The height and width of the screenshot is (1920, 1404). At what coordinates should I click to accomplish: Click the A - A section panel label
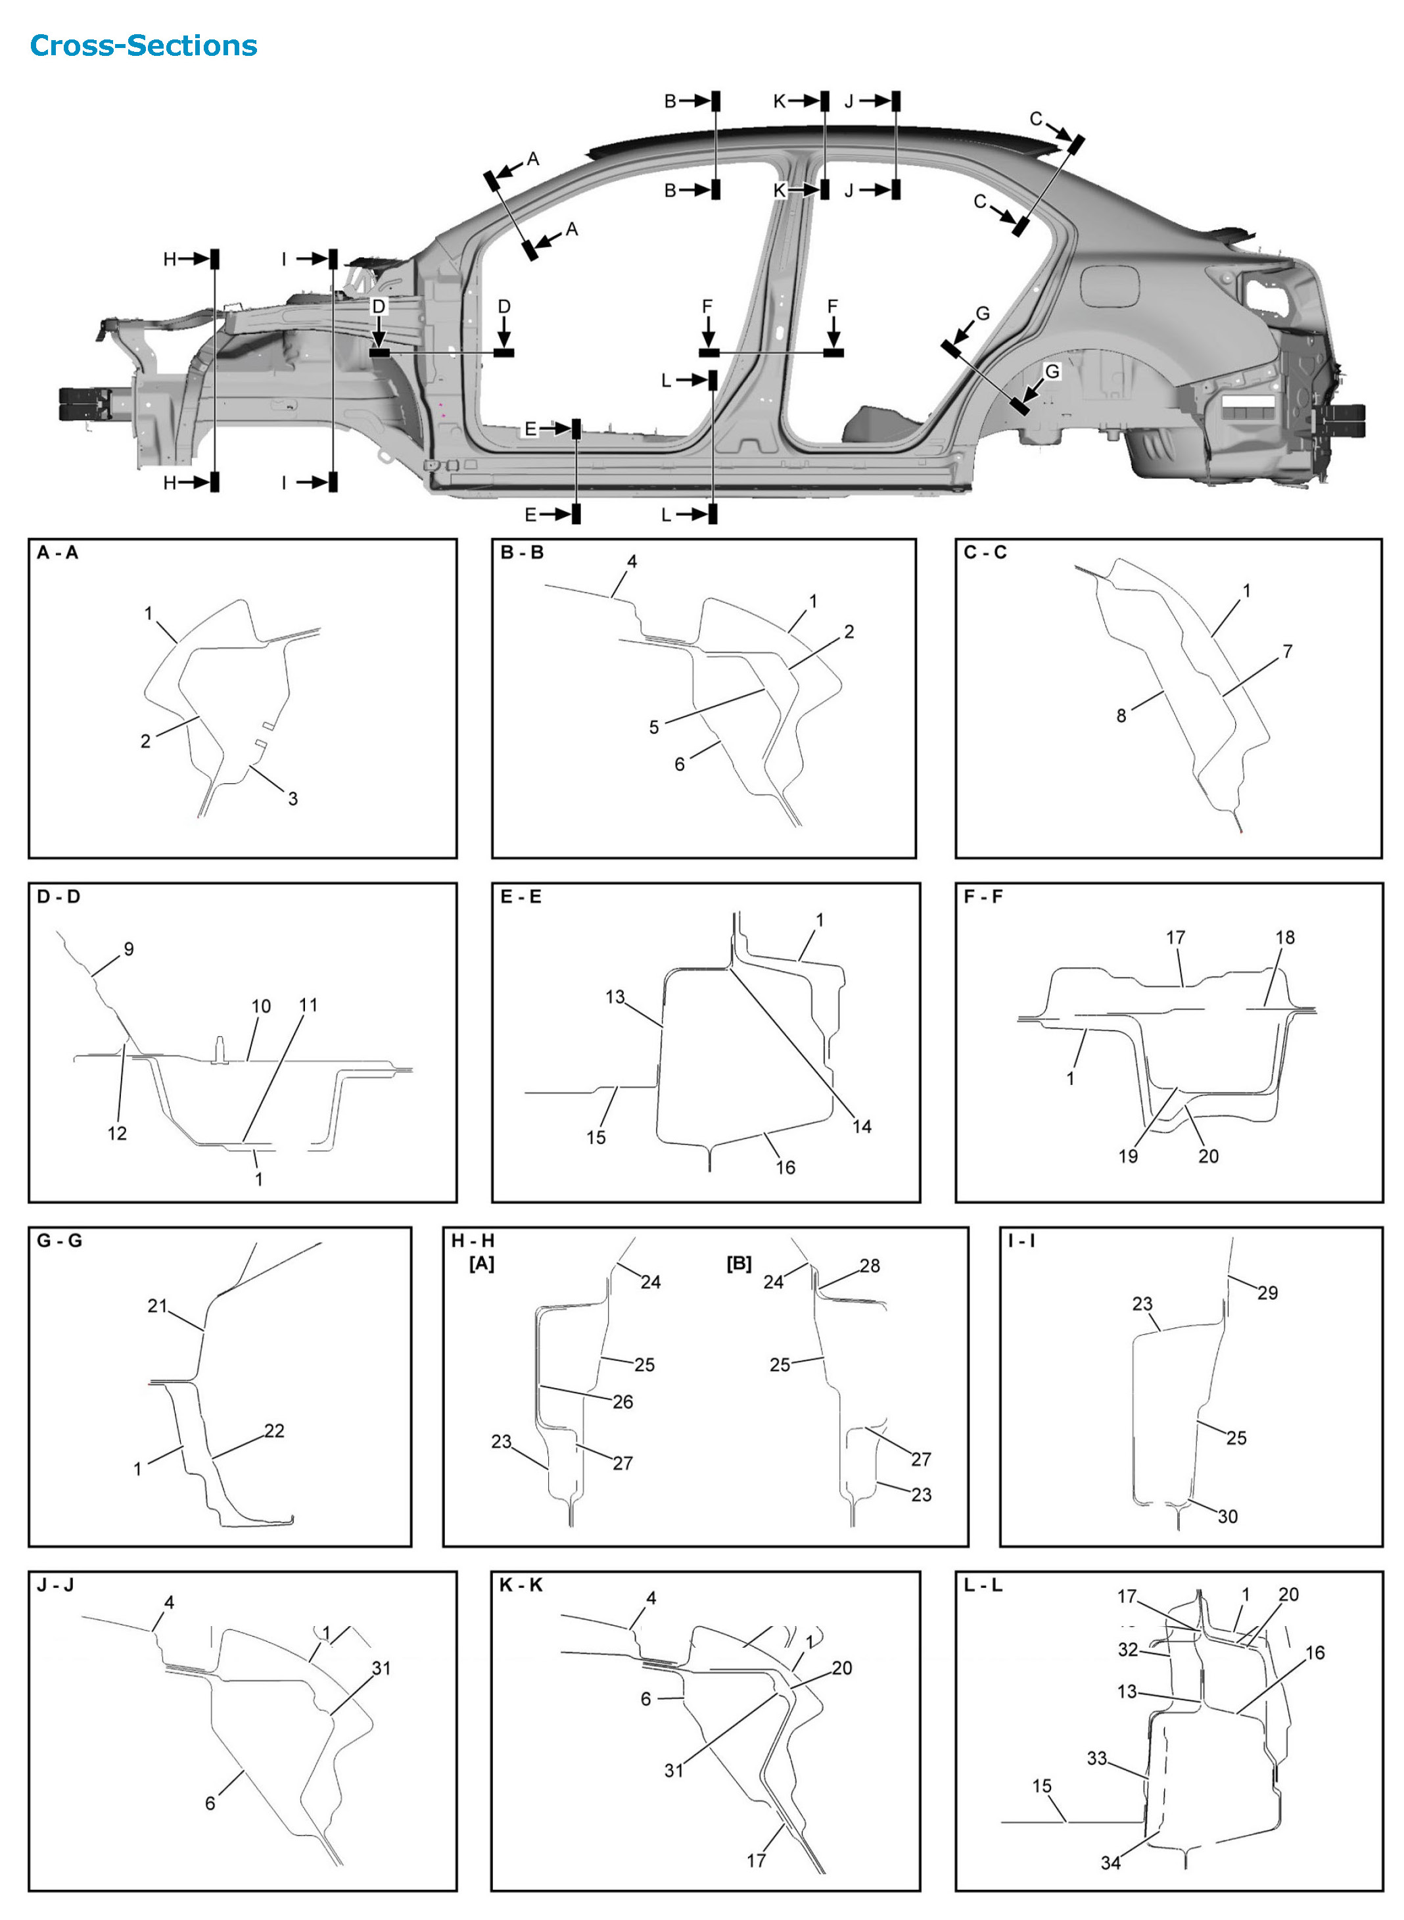(x=57, y=552)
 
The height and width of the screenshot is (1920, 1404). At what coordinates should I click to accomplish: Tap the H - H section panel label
(x=472, y=1240)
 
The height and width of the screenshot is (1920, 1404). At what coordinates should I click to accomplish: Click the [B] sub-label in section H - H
(x=739, y=1263)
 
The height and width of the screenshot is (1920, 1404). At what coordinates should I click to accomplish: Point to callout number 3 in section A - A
(x=292, y=798)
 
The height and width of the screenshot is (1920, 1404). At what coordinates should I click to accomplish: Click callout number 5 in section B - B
(x=653, y=727)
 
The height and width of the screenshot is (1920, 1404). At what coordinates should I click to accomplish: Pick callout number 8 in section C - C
(x=1121, y=715)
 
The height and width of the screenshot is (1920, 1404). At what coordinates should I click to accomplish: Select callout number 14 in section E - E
(x=862, y=1126)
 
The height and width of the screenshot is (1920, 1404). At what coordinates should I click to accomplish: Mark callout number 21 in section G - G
(x=157, y=1305)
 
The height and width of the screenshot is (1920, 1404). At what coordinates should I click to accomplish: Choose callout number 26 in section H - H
(x=623, y=1402)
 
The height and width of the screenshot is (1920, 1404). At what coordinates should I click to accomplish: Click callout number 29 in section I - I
(x=1267, y=1293)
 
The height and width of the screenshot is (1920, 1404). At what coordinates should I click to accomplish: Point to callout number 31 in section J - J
(x=382, y=1668)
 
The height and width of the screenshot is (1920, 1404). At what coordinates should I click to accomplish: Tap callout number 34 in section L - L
(x=1111, y=1863)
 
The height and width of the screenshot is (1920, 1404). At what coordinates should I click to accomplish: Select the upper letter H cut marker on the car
(x=170, y=258)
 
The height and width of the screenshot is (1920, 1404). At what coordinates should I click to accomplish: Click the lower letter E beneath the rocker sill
(x=530, y=514)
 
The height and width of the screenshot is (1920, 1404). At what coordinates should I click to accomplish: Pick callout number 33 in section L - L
(x=1097, y=1758)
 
